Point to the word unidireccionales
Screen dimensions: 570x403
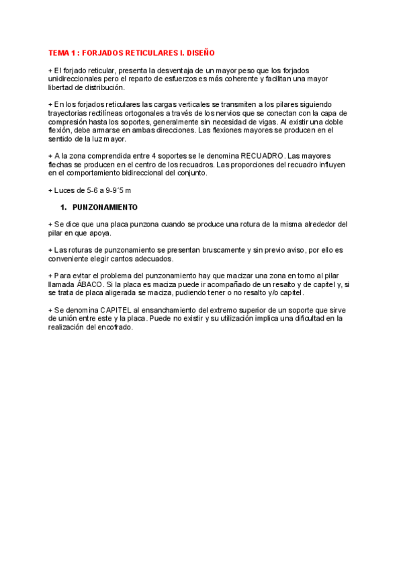tap(77, 79)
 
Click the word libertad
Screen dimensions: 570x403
tap(62, 87)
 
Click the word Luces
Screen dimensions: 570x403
tap(65, 190)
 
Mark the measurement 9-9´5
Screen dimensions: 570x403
tap(111, 190)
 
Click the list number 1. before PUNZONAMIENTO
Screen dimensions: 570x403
tap(64, 207)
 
